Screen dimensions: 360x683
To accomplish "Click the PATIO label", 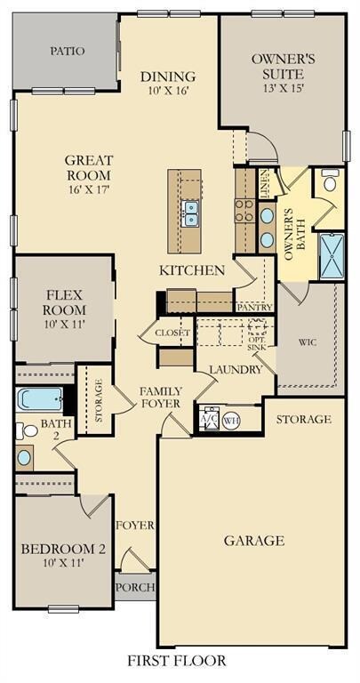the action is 67,52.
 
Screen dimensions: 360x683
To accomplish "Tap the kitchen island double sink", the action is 190,213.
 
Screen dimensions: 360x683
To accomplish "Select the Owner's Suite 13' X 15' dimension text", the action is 283,87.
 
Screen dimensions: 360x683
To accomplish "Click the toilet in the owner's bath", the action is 330,181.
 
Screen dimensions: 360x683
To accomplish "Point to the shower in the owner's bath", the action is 332,256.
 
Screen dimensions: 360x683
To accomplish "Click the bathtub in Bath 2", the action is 40,399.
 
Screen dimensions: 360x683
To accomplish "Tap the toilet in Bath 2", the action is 27,430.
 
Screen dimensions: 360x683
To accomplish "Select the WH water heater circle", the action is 229,421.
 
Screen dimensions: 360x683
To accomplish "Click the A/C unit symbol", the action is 209,419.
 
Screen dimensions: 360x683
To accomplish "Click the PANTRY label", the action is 255,308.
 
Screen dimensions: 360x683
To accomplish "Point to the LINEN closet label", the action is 266,183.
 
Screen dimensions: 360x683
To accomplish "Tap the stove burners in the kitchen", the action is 244,210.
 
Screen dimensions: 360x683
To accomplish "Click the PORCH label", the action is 135,587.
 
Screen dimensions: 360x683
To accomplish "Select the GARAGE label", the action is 254,541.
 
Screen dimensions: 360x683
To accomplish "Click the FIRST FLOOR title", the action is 177,661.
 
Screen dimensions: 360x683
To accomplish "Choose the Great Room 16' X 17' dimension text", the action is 88,189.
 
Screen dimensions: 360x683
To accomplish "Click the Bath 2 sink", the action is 24,457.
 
